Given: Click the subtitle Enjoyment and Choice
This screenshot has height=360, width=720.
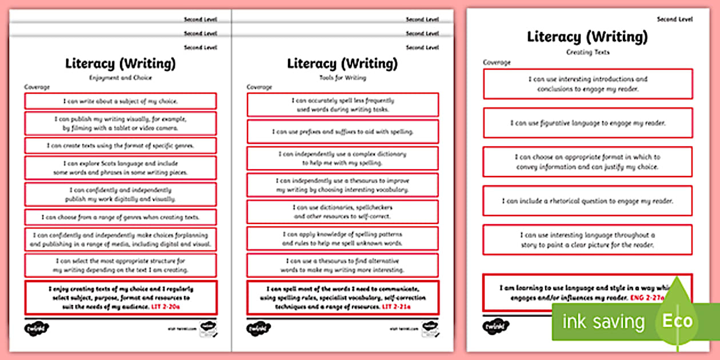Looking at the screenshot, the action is pyautogui.click(x=120, y=78).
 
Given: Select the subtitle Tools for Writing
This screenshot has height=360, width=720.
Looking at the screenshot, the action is pyautogui.click(x=342, y=78).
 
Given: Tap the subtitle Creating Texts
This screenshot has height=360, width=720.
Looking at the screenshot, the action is pyautogui.click(x=587, y=52).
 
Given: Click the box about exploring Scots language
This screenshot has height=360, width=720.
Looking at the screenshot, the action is pyautogui.click(x=120, y=168).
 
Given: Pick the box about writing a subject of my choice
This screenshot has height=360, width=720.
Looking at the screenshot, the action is pyautogui.click(x=120, y=101).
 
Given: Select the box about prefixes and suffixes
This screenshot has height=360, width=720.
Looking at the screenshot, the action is pyautogui.click(x=342, y=131).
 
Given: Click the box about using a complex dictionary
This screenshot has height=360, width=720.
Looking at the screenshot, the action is pyautogui.click(x=342, y=158).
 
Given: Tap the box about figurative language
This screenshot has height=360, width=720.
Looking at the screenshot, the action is pyautogui.click(x=587, y=123).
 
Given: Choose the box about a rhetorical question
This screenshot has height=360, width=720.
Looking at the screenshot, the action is pyautogui.click(x=587, y=201).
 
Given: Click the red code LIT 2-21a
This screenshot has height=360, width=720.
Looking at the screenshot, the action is pyautogui.click(x=396, y=307).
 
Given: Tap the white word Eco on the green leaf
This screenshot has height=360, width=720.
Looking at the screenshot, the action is pyautogui.click(x=678, y=321).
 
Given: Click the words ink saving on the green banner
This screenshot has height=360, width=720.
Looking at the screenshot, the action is pyautogui.click(x=603, y=322).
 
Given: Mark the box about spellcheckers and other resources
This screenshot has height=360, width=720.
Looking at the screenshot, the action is pyautogui.click(x=342, y=212).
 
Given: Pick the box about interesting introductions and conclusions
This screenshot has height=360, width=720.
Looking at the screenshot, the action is pyautogui.click(x=587, y=84).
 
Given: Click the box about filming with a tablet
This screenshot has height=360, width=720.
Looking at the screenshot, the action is pyautogui.click(x=120, y=123).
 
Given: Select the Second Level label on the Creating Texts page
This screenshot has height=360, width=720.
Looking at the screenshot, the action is pyautogui.click(x=674, y=19).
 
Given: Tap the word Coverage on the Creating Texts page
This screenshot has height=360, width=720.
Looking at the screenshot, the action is pyautogui.click(x=497, y=62).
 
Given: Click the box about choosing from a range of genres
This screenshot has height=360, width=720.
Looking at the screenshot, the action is pyautogui.click(x=120, y=217).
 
